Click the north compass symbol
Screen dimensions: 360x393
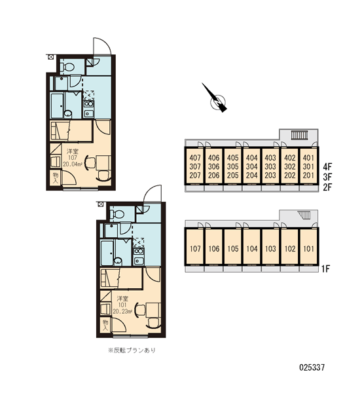[216, 99]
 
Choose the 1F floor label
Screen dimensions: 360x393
[326, 269]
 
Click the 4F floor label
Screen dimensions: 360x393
[327, 166]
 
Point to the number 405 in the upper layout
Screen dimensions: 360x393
[233, 158]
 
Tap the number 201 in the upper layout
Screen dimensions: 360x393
[308, 175]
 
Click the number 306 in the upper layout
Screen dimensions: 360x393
[213, 166]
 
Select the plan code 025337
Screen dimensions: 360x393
[312, 367]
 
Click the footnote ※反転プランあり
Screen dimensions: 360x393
[132, 350]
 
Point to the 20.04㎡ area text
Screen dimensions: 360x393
[73, 164]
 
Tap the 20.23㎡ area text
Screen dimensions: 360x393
[122, 312]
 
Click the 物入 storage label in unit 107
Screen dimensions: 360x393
[56, 178]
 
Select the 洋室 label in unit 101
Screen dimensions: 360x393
[122, 299]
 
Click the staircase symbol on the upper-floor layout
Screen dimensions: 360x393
[299, 136]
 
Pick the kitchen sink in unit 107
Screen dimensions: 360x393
[88, 113]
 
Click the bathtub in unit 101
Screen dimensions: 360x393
[107, 253]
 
